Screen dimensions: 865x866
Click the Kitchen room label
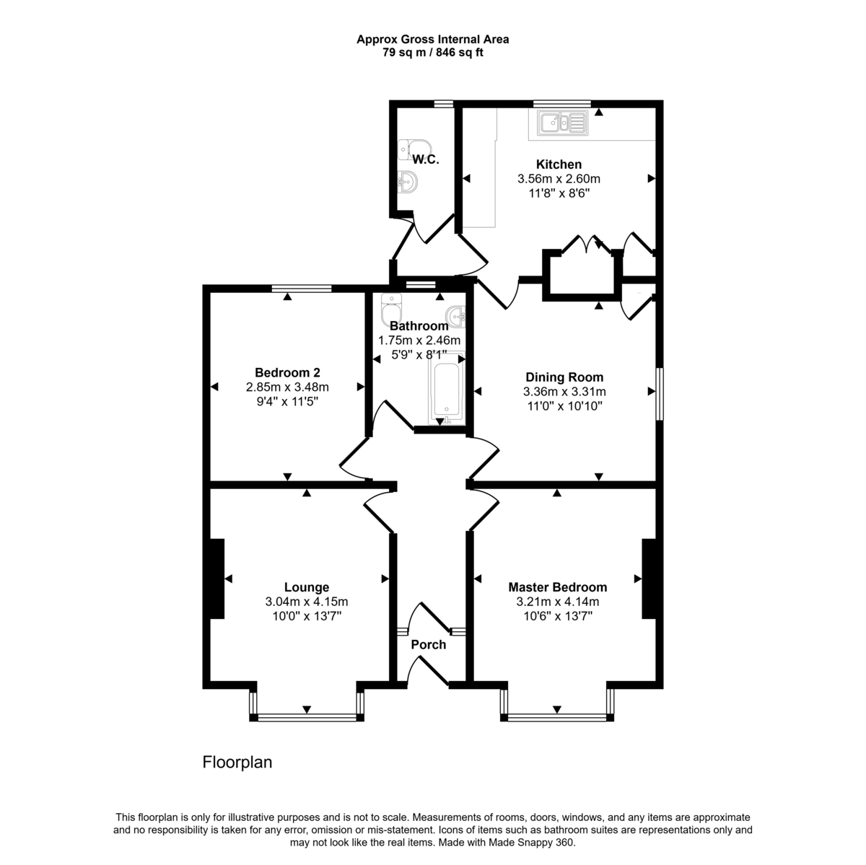[559, 164]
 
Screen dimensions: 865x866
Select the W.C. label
[426, 159]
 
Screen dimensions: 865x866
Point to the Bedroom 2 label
[287, 373]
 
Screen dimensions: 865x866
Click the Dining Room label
[564, 377]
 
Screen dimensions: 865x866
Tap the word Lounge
[307, 587]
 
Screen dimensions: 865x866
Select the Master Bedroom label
[557, 587]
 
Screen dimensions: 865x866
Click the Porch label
[429, 644]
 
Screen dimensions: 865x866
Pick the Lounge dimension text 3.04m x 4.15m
[307, 602]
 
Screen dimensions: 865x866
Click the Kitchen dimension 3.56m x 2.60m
[559, 179]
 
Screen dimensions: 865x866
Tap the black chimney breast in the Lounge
[216, 579]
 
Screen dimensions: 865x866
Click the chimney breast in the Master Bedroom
[649, 579]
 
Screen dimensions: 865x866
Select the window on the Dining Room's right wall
[659, 393]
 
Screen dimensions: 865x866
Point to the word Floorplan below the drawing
[237, 762]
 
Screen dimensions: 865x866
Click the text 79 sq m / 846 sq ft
[433, 52]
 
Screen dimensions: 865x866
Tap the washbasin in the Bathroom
[456, 315]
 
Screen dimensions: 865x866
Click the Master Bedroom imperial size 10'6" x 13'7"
[557, 616]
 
